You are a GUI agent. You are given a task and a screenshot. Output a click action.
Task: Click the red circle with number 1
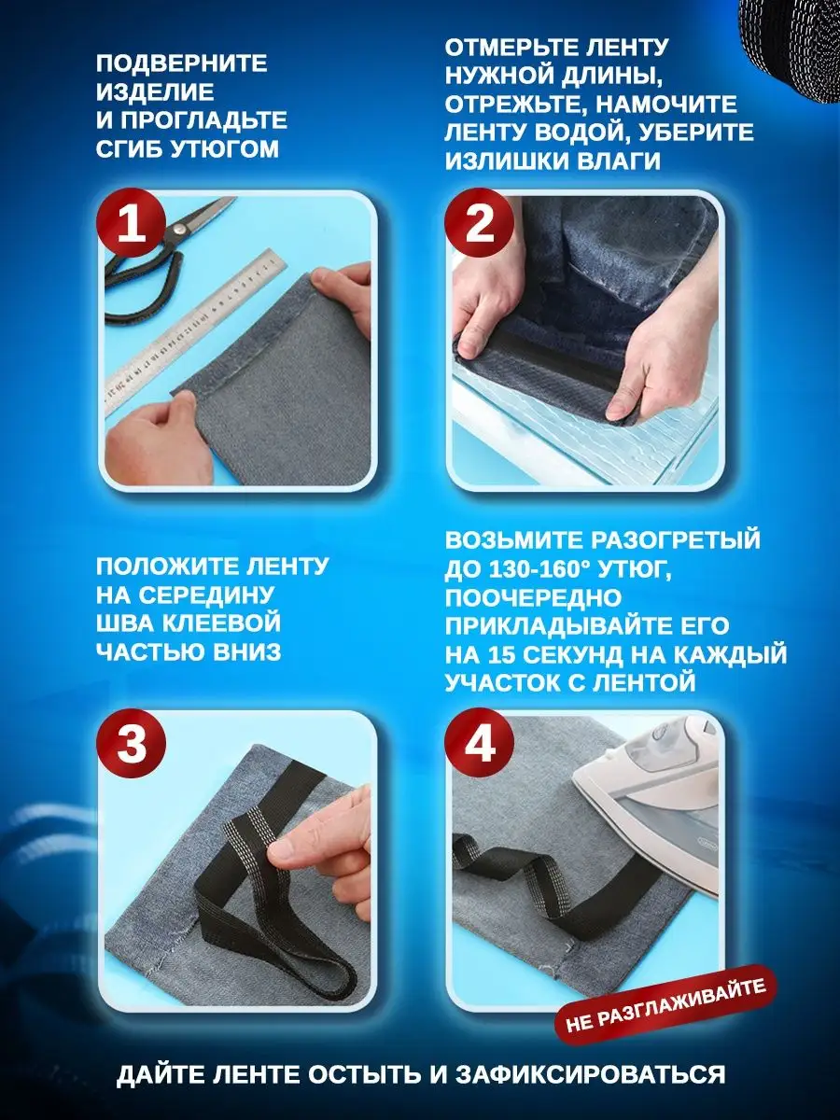(x=131, y=223)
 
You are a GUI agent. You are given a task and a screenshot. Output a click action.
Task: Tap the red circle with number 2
(x=480, y=223)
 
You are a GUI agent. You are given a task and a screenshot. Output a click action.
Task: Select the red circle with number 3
(x=131, y=743)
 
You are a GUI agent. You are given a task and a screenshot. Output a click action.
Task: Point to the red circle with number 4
(x=480, y=743)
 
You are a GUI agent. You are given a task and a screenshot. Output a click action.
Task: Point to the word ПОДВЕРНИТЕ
(x=182, y=63)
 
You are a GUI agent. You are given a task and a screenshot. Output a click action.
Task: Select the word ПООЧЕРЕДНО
(x=534, y=597)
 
